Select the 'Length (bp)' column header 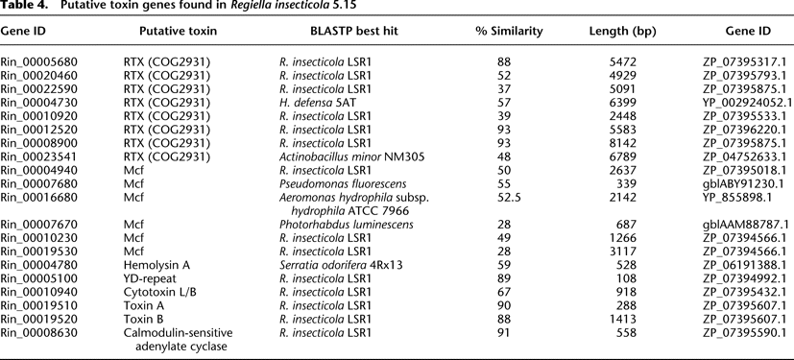coord(622,32)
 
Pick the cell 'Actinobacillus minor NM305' coord(345,157)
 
